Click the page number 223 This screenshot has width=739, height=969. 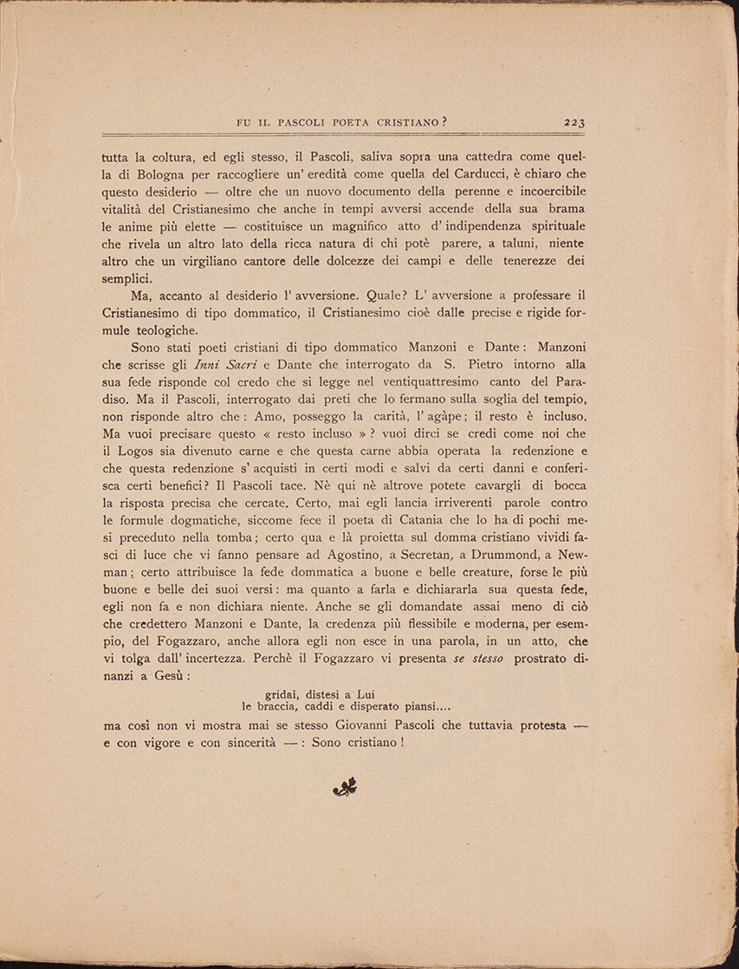coord(574,122)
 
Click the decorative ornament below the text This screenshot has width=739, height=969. coord(345,787)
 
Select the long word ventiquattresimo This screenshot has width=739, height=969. coord(401,382)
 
